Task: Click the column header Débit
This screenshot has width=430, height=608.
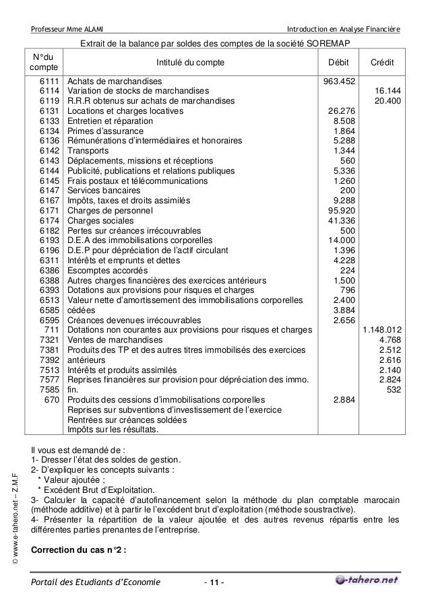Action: point(338,63)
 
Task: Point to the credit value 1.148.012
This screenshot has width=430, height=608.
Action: point(382,330)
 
